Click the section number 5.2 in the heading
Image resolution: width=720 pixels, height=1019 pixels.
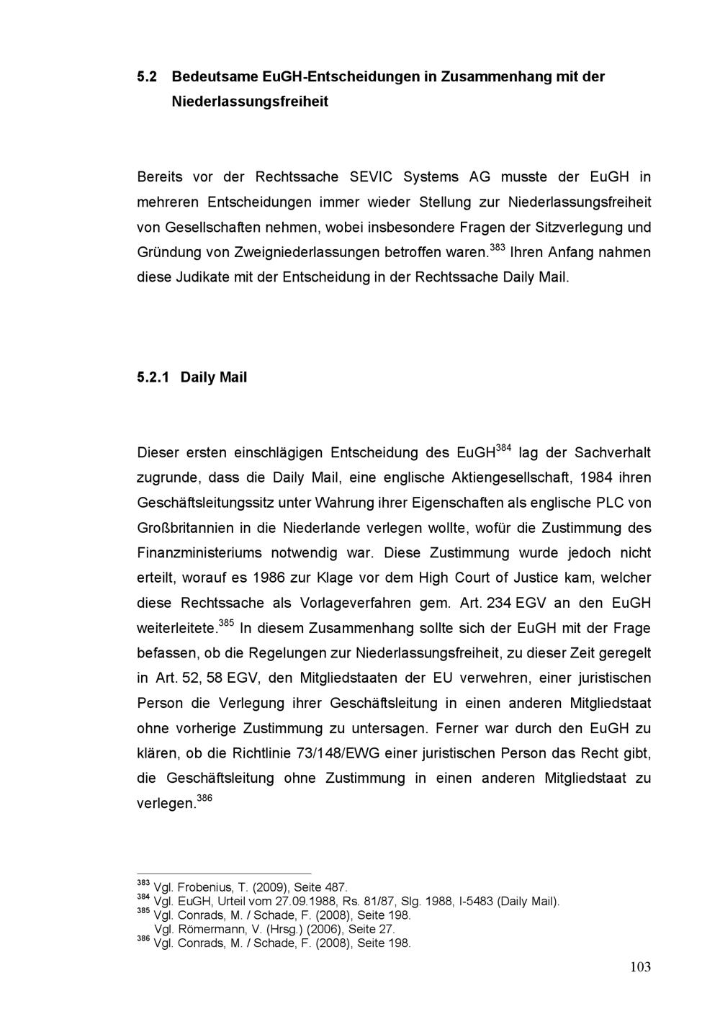[x=147, y=76]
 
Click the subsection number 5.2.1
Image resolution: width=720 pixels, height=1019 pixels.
[x=153, y=377]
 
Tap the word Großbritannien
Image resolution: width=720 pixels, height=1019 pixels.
[x=185, y=529]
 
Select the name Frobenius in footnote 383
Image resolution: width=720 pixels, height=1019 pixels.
[x=205, y=887]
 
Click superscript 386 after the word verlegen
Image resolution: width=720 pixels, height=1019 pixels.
[x=204, y=799]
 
